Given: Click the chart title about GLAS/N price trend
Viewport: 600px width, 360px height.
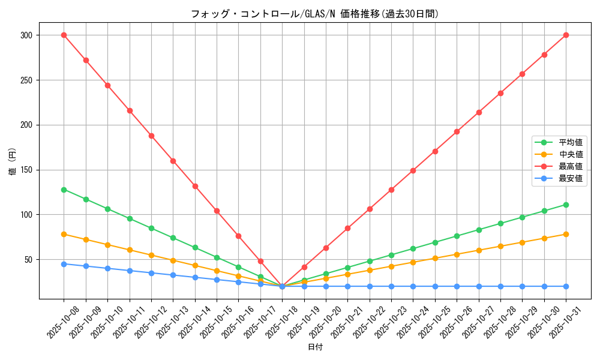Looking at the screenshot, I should (315, 14).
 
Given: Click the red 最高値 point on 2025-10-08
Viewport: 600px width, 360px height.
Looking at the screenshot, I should (64, 35).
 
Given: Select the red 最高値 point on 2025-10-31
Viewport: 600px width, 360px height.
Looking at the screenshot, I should (566, 35).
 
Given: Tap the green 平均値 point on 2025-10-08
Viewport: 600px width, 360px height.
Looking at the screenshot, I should (64, 190).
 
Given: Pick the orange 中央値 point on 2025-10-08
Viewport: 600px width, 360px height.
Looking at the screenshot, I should (64, 234).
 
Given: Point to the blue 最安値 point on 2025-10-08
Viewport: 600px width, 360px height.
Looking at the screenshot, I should (64, 264).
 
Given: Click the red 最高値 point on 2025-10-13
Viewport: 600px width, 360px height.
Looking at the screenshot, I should (173, 161).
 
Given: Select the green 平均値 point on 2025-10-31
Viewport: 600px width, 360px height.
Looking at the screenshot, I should (566, 205).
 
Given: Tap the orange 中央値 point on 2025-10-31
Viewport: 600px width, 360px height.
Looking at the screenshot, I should (566, 234).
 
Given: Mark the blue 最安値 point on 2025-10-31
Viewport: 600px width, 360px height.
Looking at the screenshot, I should (566, 286).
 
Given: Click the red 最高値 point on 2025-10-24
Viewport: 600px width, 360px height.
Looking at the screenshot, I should (413, 170).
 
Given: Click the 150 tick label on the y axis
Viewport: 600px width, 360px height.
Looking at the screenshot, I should (26, 170).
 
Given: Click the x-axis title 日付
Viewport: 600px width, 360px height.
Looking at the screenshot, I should (315, 347).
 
